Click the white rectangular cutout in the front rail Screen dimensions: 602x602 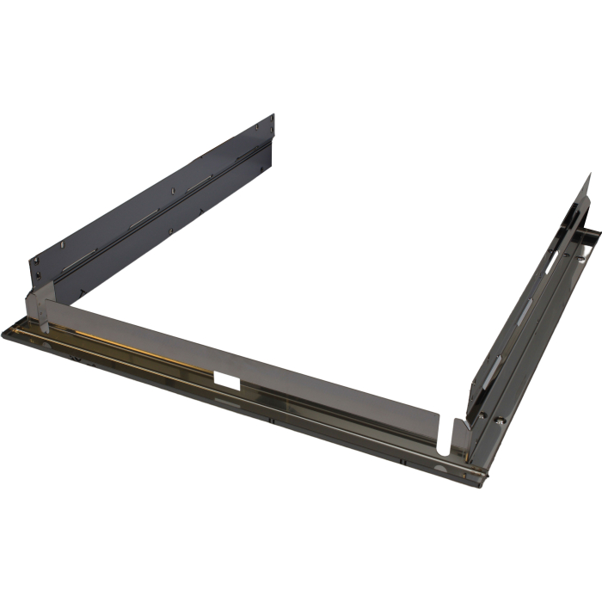coord(230,378)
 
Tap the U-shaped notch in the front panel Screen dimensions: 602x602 coord(443,435)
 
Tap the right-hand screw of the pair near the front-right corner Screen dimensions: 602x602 coord(501,421)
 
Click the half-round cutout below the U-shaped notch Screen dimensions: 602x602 coord(442,468)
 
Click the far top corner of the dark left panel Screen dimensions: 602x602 coord(273,113)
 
